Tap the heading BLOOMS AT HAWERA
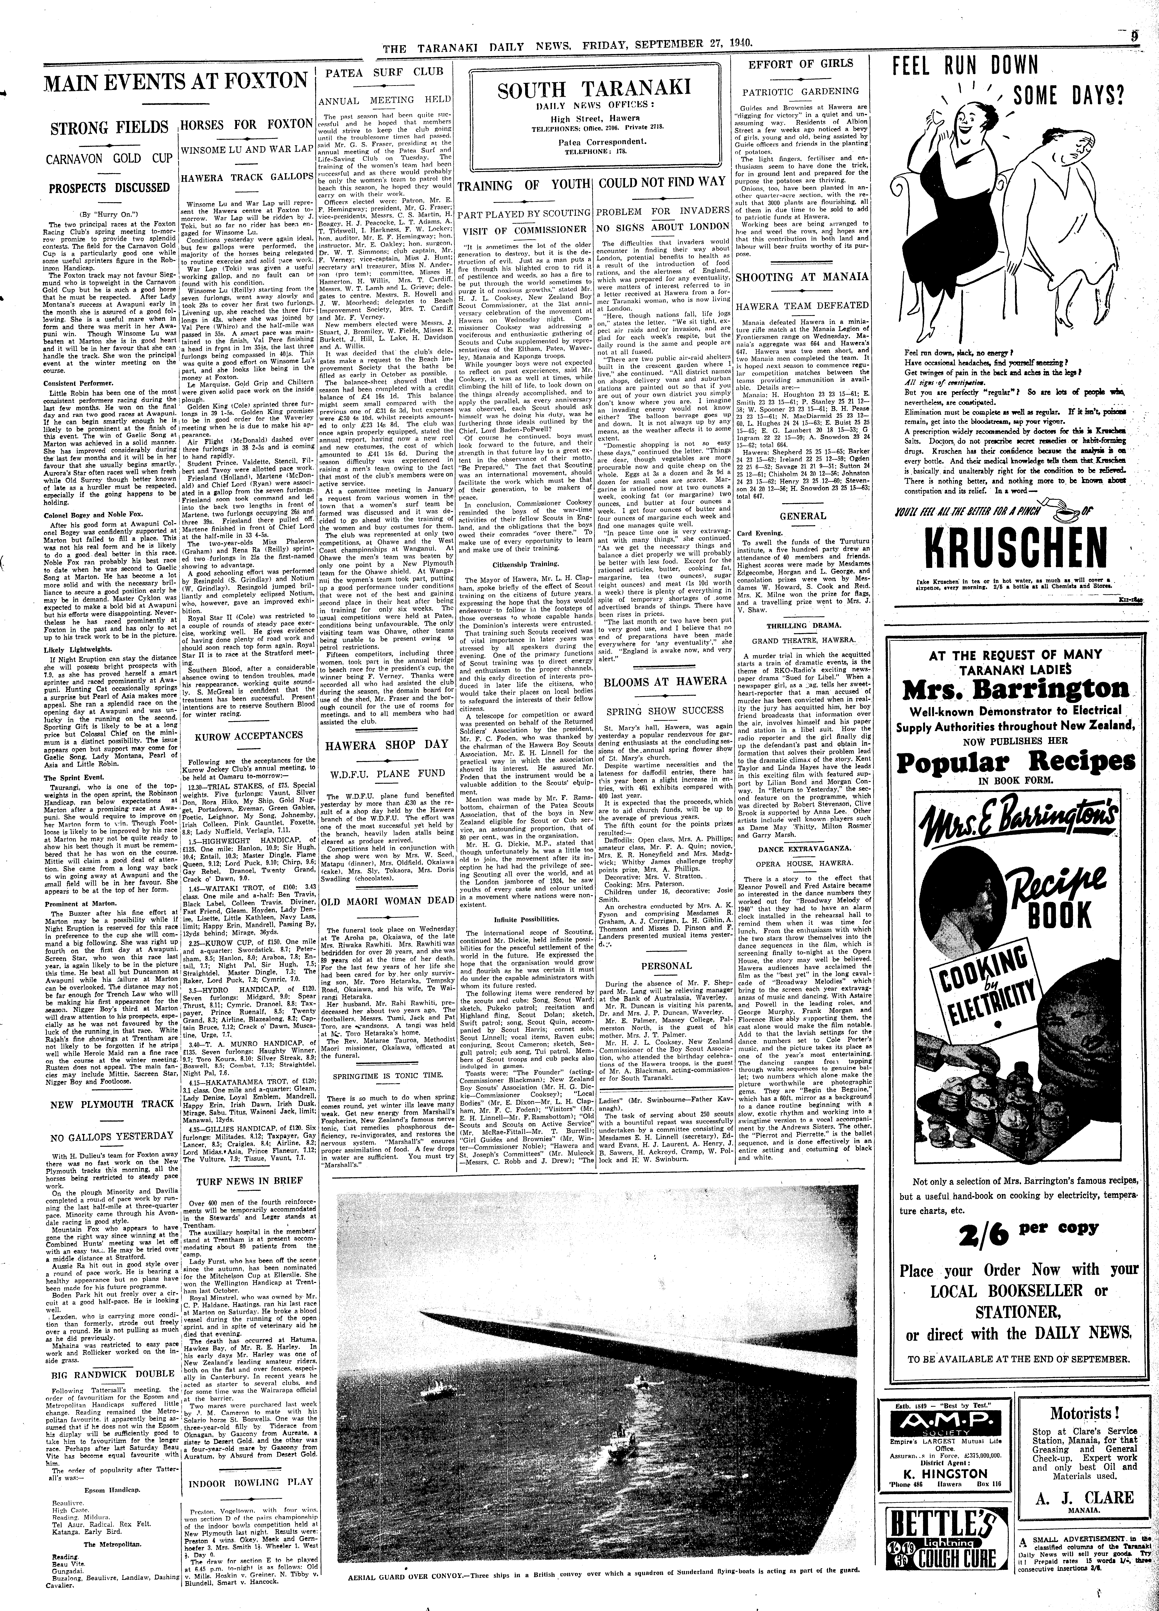pyautogui.click(x=665, y=681)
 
